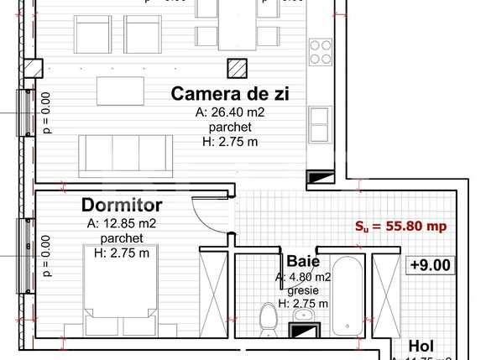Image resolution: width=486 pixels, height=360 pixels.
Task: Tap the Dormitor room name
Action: pyautogui.click(x=122, y=205)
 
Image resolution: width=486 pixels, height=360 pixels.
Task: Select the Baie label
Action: pyautogui.click(x=302, y=261)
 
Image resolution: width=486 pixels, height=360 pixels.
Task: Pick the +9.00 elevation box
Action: pyautogui.click(x=431, y=265)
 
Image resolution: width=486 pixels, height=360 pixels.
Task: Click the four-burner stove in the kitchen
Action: pyautogui.click(x=320, y=52)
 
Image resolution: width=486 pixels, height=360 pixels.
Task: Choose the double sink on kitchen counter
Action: pyautogui.click(x=320, y=124)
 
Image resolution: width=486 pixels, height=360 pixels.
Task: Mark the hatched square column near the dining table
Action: pyautogui.click(x=240, y=66)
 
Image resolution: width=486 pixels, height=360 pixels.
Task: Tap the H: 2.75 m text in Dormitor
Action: pyautogui.click(x=122, y=253)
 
